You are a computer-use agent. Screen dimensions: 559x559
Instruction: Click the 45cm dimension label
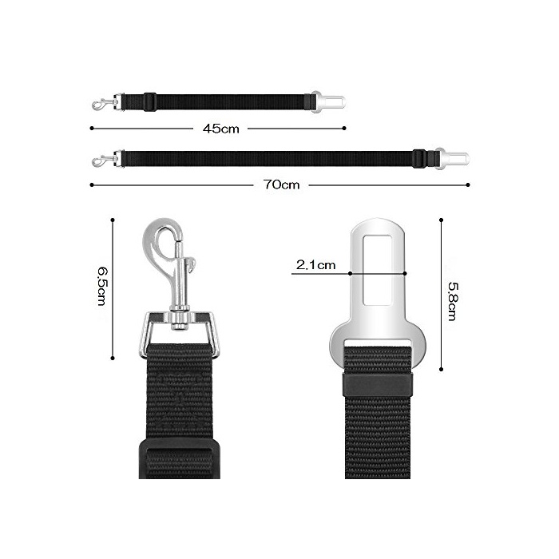tap(220, 129)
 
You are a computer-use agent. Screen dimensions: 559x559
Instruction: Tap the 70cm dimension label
tap(281, 184)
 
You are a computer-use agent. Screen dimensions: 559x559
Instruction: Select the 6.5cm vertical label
tap(102, 286)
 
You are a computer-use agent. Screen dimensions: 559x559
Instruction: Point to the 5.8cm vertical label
tap(453, 301)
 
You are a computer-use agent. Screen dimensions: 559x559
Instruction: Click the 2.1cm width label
tap(316, 265)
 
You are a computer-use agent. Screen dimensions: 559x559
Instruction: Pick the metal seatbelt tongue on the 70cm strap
tap(452, 158)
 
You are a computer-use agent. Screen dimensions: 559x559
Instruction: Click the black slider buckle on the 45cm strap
tap(150, 102)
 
